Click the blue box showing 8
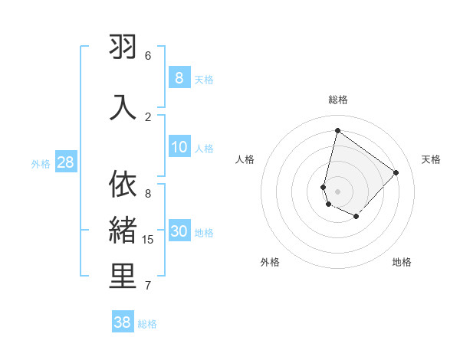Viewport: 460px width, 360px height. pyautogui.click(x=179, y=77)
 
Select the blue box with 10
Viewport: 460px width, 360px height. pyautogui.click(x=179, y=148)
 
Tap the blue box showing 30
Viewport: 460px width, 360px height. pyautogui.click(x=179, y=232)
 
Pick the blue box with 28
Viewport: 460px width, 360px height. pyautogui.click(x=65, y=162)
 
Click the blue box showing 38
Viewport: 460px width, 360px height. pyautogui.click(x=123, y=322)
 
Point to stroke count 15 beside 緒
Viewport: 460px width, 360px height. pyautogui.click(x=148, y=240)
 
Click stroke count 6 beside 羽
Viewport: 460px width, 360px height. pyautogui.click(x=148, y=56)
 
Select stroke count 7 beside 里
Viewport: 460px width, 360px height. pyautogui.click(x=148, y=286)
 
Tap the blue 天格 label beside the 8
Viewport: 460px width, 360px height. pyautogui.click(x=204, y=79)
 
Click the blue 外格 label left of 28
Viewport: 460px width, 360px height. pyautogui.click(x=41, y=163)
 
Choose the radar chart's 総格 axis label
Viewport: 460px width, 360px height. pyautogui.click(x=337, y=100)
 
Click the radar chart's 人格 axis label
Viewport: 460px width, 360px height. pyautogui.click(x=245, y=159)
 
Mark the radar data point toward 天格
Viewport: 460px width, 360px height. pyautogui.click(x=396, y=172)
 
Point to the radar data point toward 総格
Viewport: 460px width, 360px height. pyautogui.click(x=337, y=130)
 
